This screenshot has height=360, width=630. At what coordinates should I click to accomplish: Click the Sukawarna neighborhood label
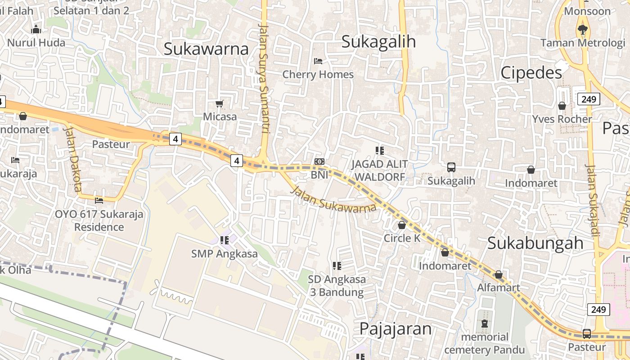tap(206, 49)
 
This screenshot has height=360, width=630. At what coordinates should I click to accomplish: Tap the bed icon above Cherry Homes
tap(318, 61)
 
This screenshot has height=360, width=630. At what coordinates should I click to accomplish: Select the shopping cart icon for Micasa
tap(220, 104)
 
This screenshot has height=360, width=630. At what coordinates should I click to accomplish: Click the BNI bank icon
tap(319, 162)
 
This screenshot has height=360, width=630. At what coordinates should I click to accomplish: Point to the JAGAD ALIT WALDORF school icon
tap(380, 150)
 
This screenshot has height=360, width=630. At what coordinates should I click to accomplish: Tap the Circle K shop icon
tap(402, 225)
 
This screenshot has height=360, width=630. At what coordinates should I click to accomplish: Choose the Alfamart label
tap(499, 288)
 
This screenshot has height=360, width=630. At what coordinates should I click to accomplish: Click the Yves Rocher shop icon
tap(562, 106)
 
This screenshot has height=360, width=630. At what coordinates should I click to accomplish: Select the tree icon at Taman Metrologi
tap(583, 30)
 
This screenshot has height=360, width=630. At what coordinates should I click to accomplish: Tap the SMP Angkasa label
tap(225, 254)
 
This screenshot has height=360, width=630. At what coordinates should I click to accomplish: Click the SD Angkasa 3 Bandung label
tap(337, 286)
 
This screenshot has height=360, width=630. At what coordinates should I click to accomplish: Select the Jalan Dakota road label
tap(72, 158)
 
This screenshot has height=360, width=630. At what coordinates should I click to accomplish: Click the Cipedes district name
tap(531, 72)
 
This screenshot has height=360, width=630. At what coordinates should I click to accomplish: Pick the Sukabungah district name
tap(535, 243)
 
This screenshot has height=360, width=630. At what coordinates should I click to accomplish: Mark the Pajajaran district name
tap(395, 329)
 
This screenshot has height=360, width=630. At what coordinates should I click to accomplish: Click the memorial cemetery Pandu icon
tap(484, 324)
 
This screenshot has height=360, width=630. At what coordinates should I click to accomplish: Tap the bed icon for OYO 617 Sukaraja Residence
tap(99, 200)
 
